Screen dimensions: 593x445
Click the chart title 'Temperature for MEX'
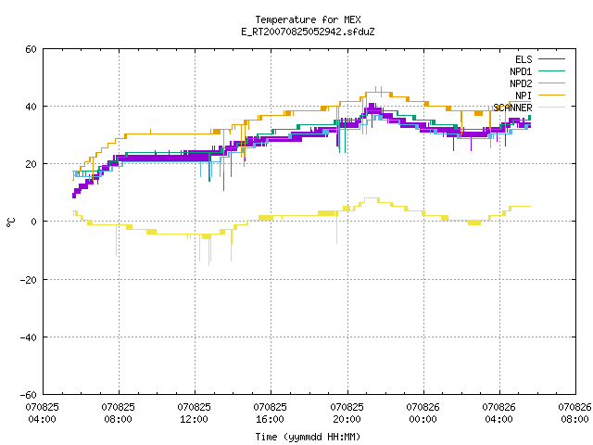click(308, 19)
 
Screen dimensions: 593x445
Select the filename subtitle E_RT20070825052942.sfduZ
click(308, 32)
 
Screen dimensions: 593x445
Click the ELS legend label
click(524, 59)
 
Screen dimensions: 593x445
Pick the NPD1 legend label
click(521, 71)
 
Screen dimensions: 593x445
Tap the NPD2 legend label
click(521, 83)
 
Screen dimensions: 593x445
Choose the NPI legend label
click(524, 95)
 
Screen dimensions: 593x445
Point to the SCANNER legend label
click(512, 108)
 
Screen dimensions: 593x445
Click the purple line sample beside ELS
click(552, 59)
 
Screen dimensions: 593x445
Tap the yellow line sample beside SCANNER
click(552, 108)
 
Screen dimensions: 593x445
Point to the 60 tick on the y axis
click(31, 49)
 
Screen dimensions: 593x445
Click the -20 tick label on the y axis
click(29, 280)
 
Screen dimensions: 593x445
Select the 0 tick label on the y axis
click(34, 222)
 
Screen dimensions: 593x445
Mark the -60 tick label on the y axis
click(29, 395)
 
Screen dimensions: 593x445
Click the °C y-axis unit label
click(10, 222)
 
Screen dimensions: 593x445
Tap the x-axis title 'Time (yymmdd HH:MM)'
click(308, 437)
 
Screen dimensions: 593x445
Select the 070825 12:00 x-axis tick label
click(194, 413)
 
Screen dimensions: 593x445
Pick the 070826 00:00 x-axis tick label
click(423, 413)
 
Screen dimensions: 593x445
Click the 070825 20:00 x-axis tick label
click(347, 413)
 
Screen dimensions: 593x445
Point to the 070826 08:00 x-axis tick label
click(574, 413)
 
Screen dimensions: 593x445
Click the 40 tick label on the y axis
click(31, 107)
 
